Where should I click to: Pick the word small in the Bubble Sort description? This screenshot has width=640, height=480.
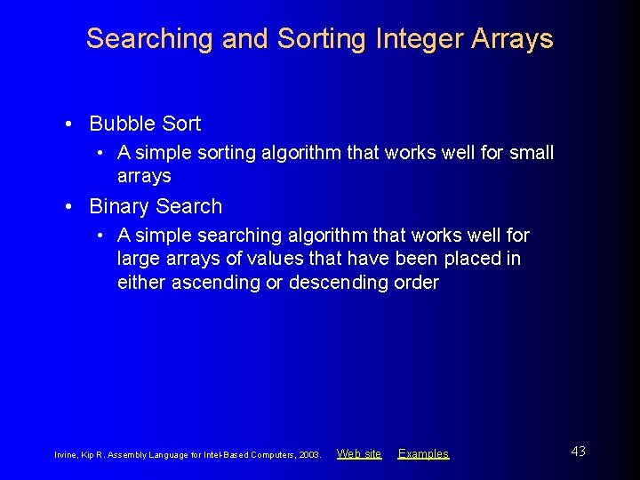[x=531, y=153]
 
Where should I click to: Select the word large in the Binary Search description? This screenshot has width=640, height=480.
[x=138, y=260]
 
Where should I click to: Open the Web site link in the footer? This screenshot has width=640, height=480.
[x=359, y=453]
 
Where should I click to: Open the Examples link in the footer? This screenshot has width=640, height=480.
[x=423, y=453]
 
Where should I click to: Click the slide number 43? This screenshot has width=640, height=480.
[x=578, y=452]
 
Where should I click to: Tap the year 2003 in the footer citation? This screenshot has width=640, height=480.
[x=309, y=454]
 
